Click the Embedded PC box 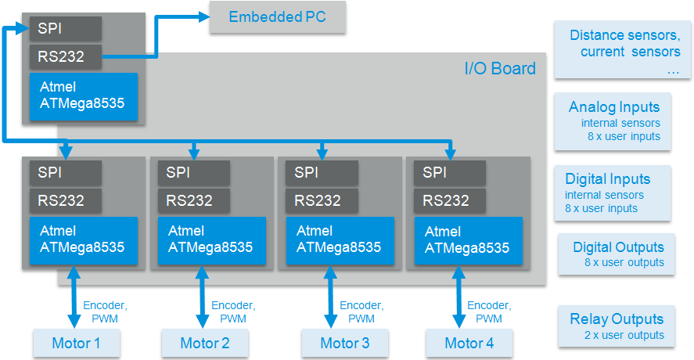click(278, 17)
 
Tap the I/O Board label click(500, 69)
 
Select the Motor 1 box click(77, 343)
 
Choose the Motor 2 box click(205, 343)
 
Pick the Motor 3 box click(345, 343)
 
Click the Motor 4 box click(469, 343)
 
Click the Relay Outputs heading click(617, 319)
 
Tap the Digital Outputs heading click(618, 247)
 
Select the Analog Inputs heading click(614, 107)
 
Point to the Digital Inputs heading click(608, 179)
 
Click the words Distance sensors click(625, 35)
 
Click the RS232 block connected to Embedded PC click(66, 56)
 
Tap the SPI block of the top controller click(66, 29)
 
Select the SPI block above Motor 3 click(322, 172)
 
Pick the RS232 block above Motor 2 click(194, 200)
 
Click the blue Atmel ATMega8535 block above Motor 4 click(469, 240)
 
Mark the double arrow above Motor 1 click(74, 297)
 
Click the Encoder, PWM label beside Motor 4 click(489, 311)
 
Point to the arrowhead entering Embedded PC click(204, 17)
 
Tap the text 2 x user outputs click(624, 335)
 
